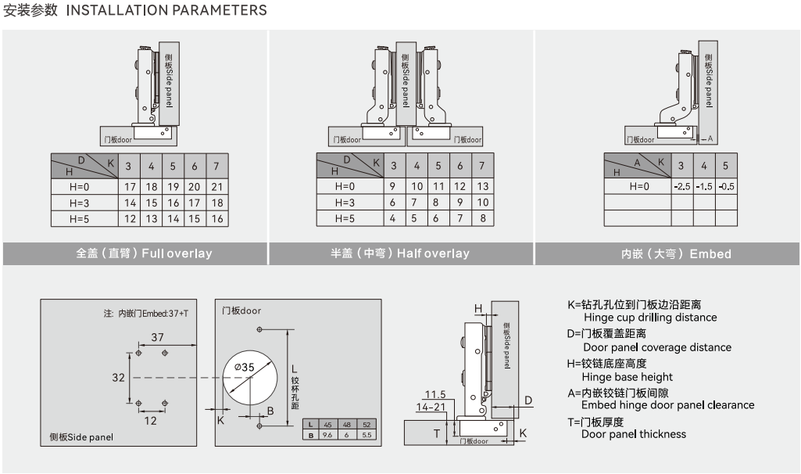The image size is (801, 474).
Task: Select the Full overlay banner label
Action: (x=177, y=253)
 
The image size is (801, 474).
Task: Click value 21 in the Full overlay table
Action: (x=217, y=187)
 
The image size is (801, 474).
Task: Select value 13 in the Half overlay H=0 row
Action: (x=483, y=187)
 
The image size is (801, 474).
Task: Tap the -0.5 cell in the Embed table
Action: (x=726, y=187)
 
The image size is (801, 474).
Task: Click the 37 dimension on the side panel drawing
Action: (x=158, y=337)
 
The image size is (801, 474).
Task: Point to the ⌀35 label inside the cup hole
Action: (x=245, y=367)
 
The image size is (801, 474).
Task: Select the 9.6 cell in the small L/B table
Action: (x=327, y=435)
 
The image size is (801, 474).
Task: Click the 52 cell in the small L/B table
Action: (x=367, y=424)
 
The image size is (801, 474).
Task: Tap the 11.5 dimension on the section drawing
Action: (x=435, y=394)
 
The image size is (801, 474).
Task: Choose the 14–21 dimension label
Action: (x=431, y=407)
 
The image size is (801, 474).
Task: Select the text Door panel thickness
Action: (x=634, y=434)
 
